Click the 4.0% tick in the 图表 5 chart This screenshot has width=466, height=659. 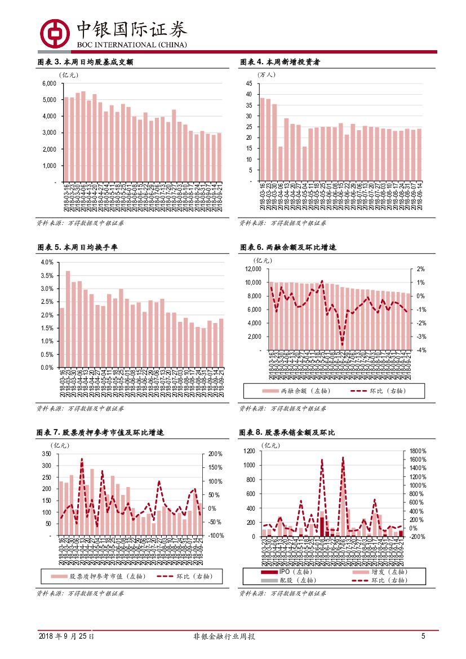point(47,263)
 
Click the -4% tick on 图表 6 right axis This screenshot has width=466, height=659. point(420,350)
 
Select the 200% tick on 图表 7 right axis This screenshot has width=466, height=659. point(216,454)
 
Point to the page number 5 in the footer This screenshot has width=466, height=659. point(423,636)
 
